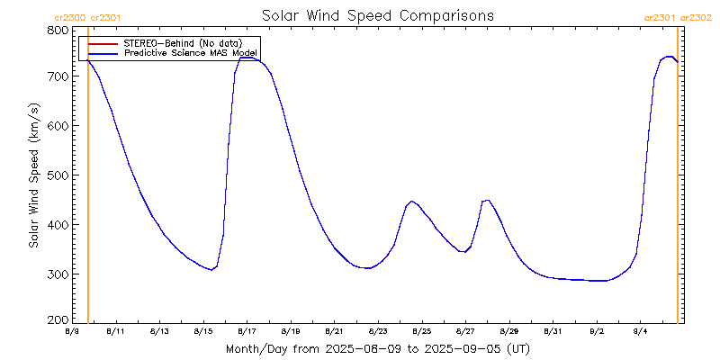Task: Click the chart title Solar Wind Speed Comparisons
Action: (x=377, y=15)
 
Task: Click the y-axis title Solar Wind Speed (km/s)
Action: (x=34, y=175)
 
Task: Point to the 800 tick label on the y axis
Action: (x=58, y=30)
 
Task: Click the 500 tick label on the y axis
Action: (x=58, y=175)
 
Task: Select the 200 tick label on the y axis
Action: (x=58, y=320)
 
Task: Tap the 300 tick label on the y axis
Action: (x=58, y=274)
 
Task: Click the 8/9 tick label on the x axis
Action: (x=72, y=332)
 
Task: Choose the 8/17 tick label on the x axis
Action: (x=247, y=332)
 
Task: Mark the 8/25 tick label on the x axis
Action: (x=422, y=332)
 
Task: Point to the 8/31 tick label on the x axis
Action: (x=553, y=332)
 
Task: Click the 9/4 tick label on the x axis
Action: (x=641, y=332)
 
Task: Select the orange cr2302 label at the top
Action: (x=696, y=16)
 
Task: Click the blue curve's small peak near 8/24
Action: (x=411, y=202)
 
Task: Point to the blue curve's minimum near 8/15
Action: (x=211, y=270)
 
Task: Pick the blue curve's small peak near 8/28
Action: (x=487, y=200)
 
